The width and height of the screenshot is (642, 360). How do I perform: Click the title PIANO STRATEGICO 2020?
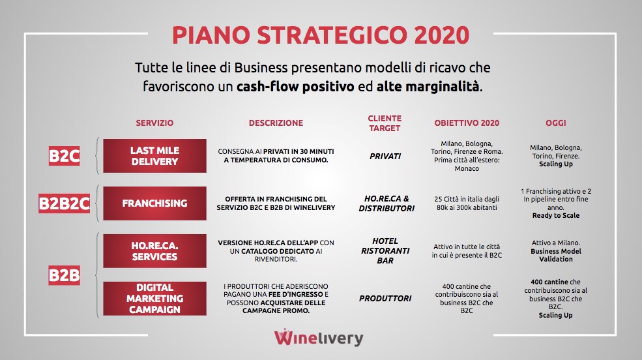point(321,35)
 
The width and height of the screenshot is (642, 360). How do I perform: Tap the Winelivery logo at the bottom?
point(319,337)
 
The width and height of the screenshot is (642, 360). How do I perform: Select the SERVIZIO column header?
point(154,123)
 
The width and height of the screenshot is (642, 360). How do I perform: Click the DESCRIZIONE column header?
point(276,123)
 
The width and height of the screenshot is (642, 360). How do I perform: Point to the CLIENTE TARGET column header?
point(385,123)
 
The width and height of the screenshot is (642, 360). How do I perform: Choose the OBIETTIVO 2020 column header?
point(467,123)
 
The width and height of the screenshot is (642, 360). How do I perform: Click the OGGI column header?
point(555,123)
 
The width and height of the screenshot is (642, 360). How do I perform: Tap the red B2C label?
point(65,156)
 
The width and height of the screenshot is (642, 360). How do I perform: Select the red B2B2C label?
point(65,203)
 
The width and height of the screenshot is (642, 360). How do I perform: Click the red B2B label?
point(65,275)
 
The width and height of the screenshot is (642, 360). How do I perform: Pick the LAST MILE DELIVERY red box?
point(154,156)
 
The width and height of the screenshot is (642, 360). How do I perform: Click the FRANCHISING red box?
point(154,203)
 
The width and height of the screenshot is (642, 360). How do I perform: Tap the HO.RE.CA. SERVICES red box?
point(154,251)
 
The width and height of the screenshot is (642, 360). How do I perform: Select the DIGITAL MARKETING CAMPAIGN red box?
point(154,299)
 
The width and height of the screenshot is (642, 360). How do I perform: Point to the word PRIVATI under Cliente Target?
point(385,156)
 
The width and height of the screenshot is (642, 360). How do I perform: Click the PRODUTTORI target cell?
point(385,299)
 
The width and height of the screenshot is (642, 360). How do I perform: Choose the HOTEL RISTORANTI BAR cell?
point(385,250)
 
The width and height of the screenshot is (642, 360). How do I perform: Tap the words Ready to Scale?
point(555,215)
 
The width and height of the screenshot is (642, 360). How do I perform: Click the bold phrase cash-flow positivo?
point(295,87)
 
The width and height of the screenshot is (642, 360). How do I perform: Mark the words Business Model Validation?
point(555,255)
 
